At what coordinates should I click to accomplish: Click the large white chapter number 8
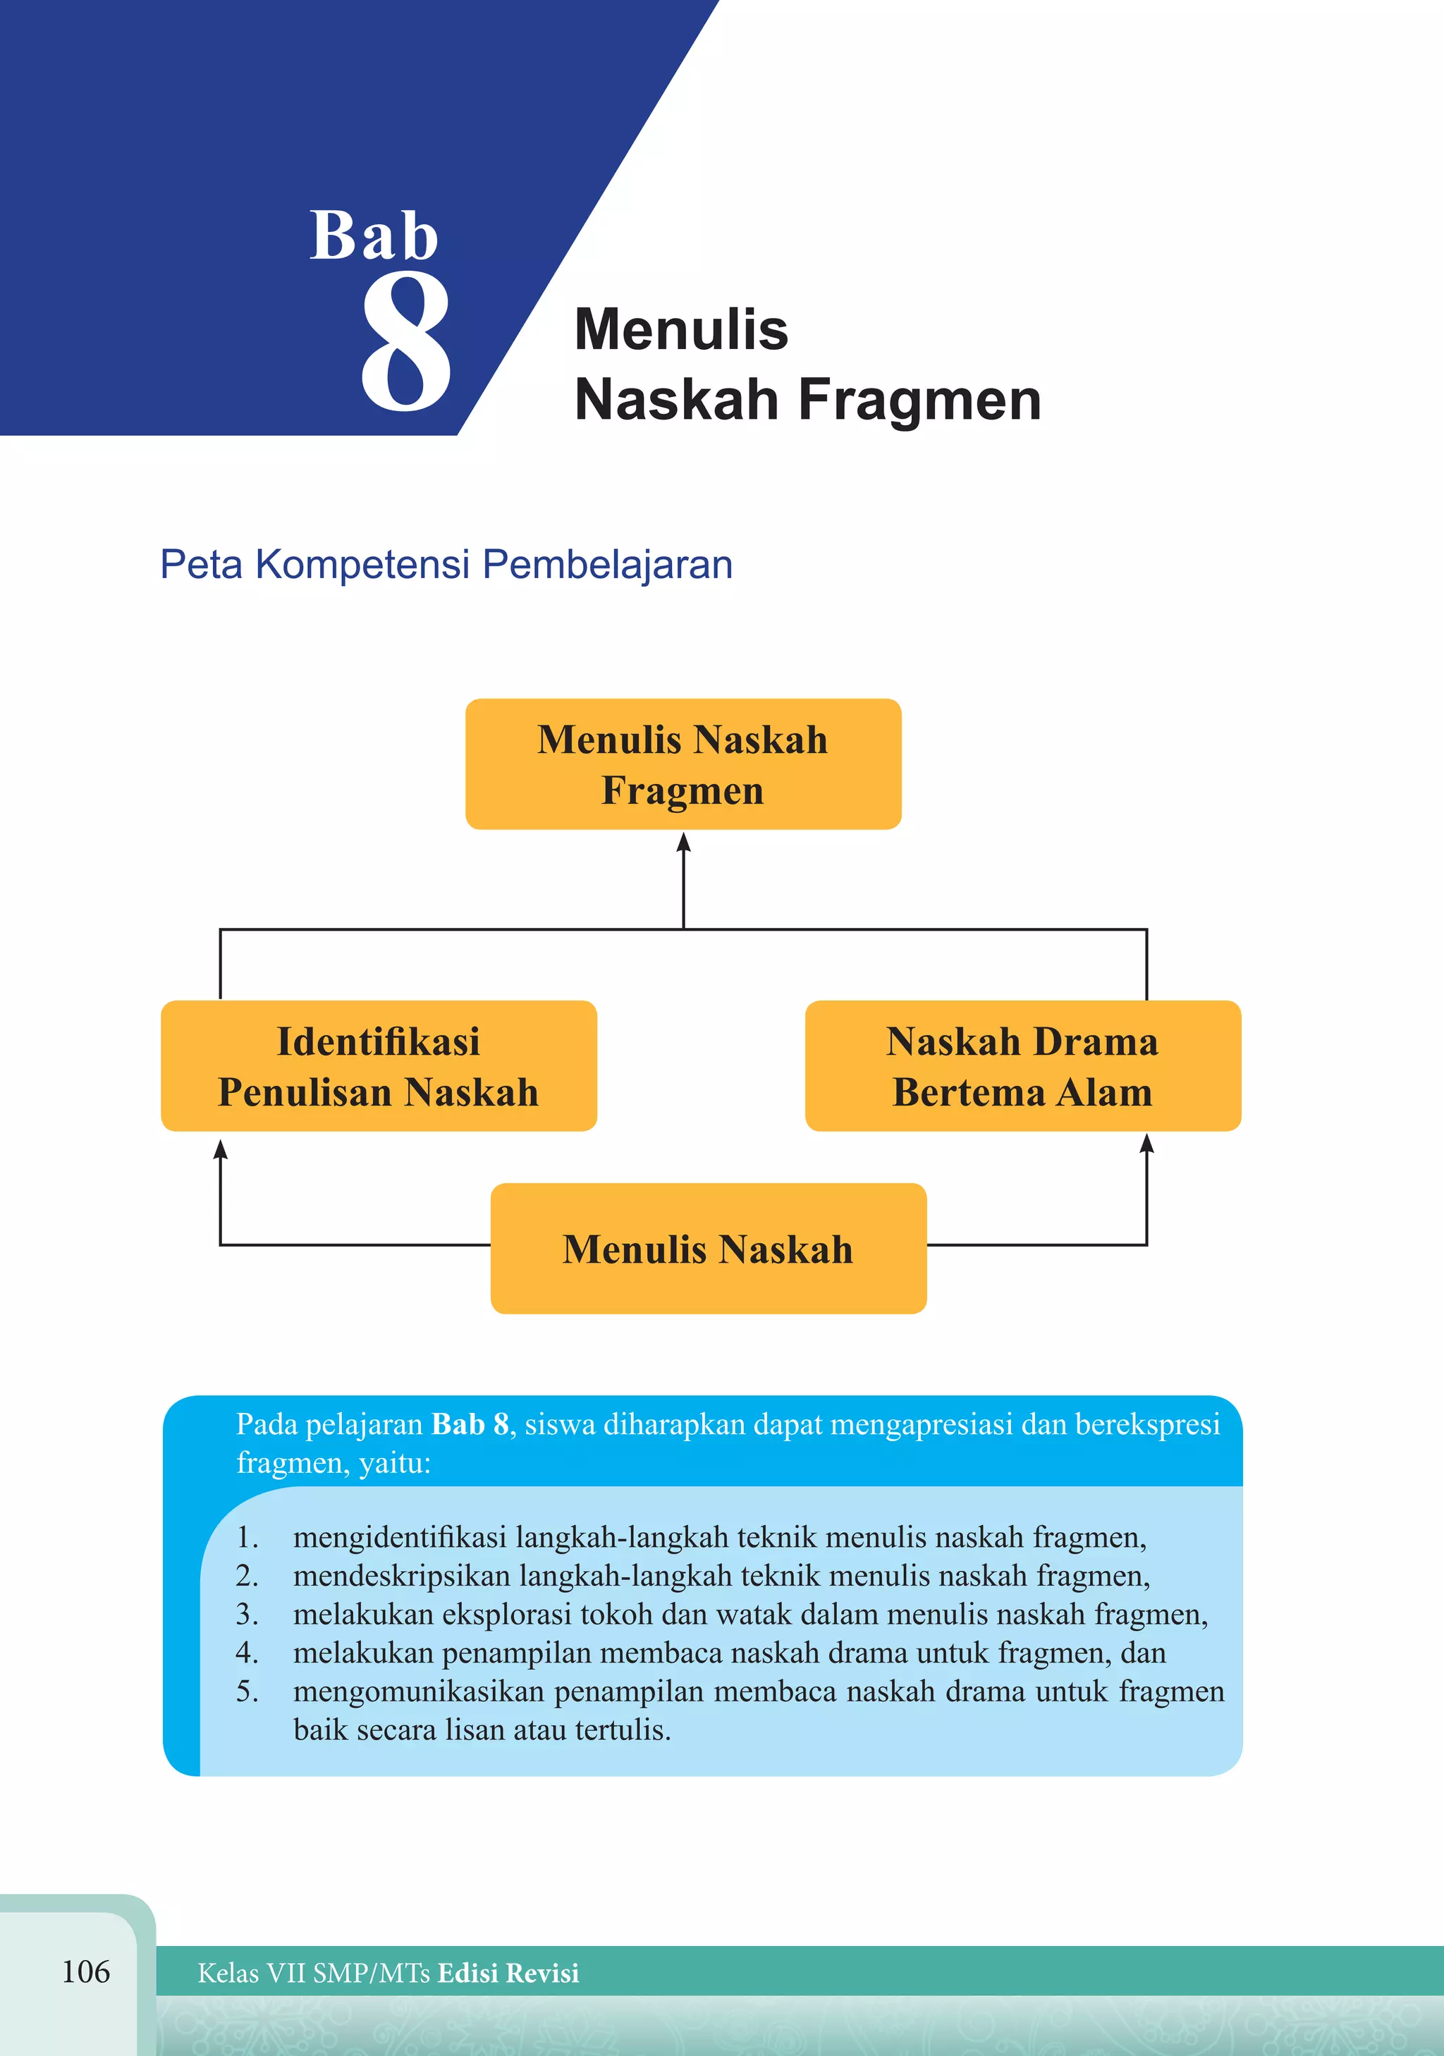click(x=405, y=342)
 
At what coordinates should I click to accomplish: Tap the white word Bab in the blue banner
click(x=374, y=236)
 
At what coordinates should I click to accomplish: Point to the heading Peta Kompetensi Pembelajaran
click(x=446, y=565)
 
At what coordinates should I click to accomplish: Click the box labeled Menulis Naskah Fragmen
click(x=683, y=764)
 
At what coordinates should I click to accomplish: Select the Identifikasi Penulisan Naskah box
click(x=379, y=1065)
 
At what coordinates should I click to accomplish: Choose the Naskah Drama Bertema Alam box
click(x=1022, y=1065)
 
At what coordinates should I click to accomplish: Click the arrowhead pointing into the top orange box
click(x=684, y=843)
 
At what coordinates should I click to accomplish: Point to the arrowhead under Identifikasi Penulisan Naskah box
click(x=220, y=1149)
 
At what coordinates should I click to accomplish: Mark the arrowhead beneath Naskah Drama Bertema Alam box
click(x=1146, y=1144)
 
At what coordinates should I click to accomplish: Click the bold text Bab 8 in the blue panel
click(x=470, y=1424)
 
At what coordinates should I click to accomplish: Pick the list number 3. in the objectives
click(x=247, y=1615)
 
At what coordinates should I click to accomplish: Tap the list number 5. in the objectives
click(x=247, y=1691)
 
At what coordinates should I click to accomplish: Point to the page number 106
click(x=86, y=1971)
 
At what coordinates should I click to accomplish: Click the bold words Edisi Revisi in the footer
click(x=508, y=1973)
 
